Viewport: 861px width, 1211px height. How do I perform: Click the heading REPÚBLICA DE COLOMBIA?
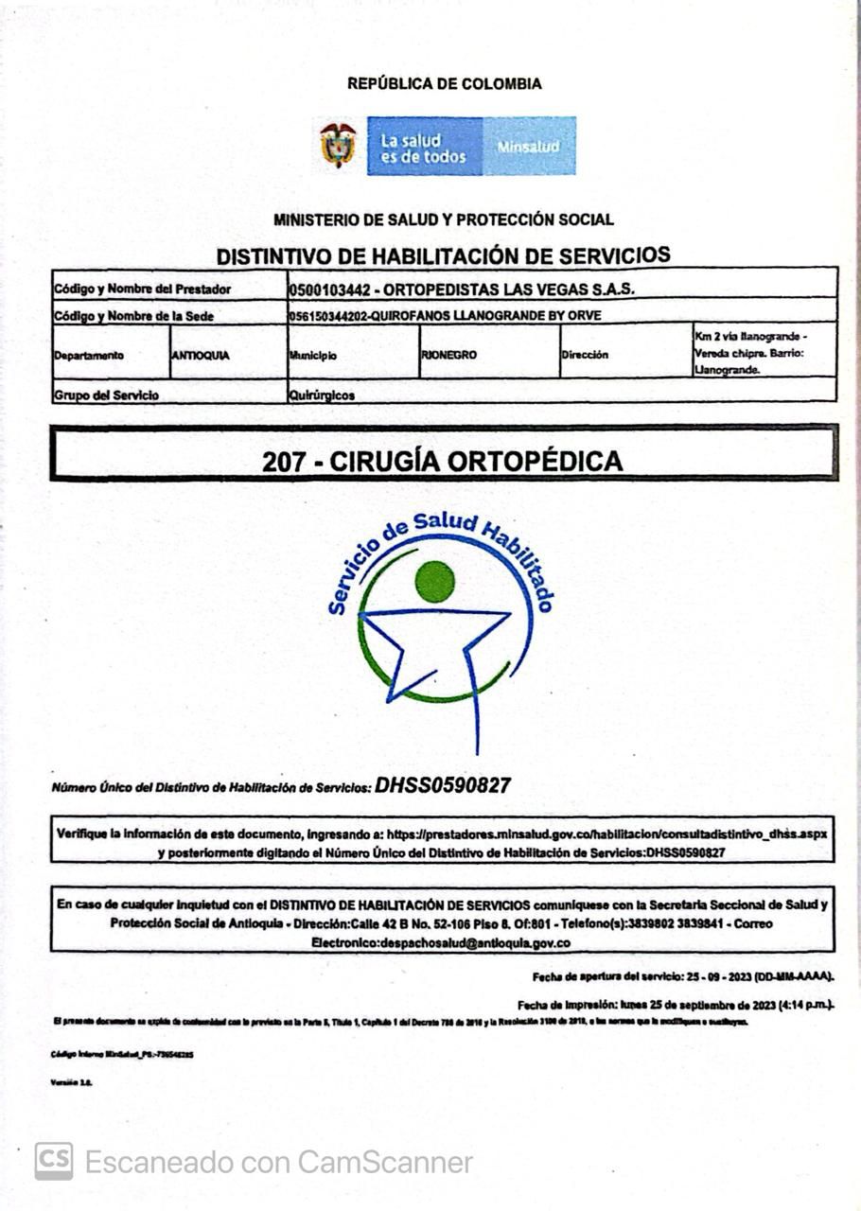[x=444, y=84]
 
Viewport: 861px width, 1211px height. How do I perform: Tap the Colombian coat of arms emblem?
[x=338, y=145]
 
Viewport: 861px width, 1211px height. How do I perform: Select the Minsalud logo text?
[x=528, y=147]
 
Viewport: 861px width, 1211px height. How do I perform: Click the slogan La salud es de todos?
[x=423, y=149]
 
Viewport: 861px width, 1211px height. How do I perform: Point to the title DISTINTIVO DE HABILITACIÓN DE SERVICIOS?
[x=443, y=255]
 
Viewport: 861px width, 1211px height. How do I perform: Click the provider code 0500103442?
[x=327, y=289]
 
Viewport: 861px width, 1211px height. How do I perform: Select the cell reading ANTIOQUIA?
[x=201, y=356]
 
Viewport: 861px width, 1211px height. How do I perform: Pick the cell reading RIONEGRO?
[x=448, y=356]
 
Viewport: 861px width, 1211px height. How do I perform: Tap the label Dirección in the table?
[x=585, y=356]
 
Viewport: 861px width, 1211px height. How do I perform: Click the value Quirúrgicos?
[x=322, y=395]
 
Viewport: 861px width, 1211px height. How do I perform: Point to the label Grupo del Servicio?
[x=107, y=395]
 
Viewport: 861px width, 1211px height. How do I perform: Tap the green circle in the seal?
[x=435, y=581]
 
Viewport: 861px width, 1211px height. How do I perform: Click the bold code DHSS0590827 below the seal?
[x=443, y=785]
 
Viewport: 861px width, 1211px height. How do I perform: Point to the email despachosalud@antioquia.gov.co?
[x=441, y=943]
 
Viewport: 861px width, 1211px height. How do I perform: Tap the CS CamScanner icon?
[x=54, y=1161]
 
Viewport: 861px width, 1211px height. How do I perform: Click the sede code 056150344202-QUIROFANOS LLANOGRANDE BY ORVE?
[x=445, y=316]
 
